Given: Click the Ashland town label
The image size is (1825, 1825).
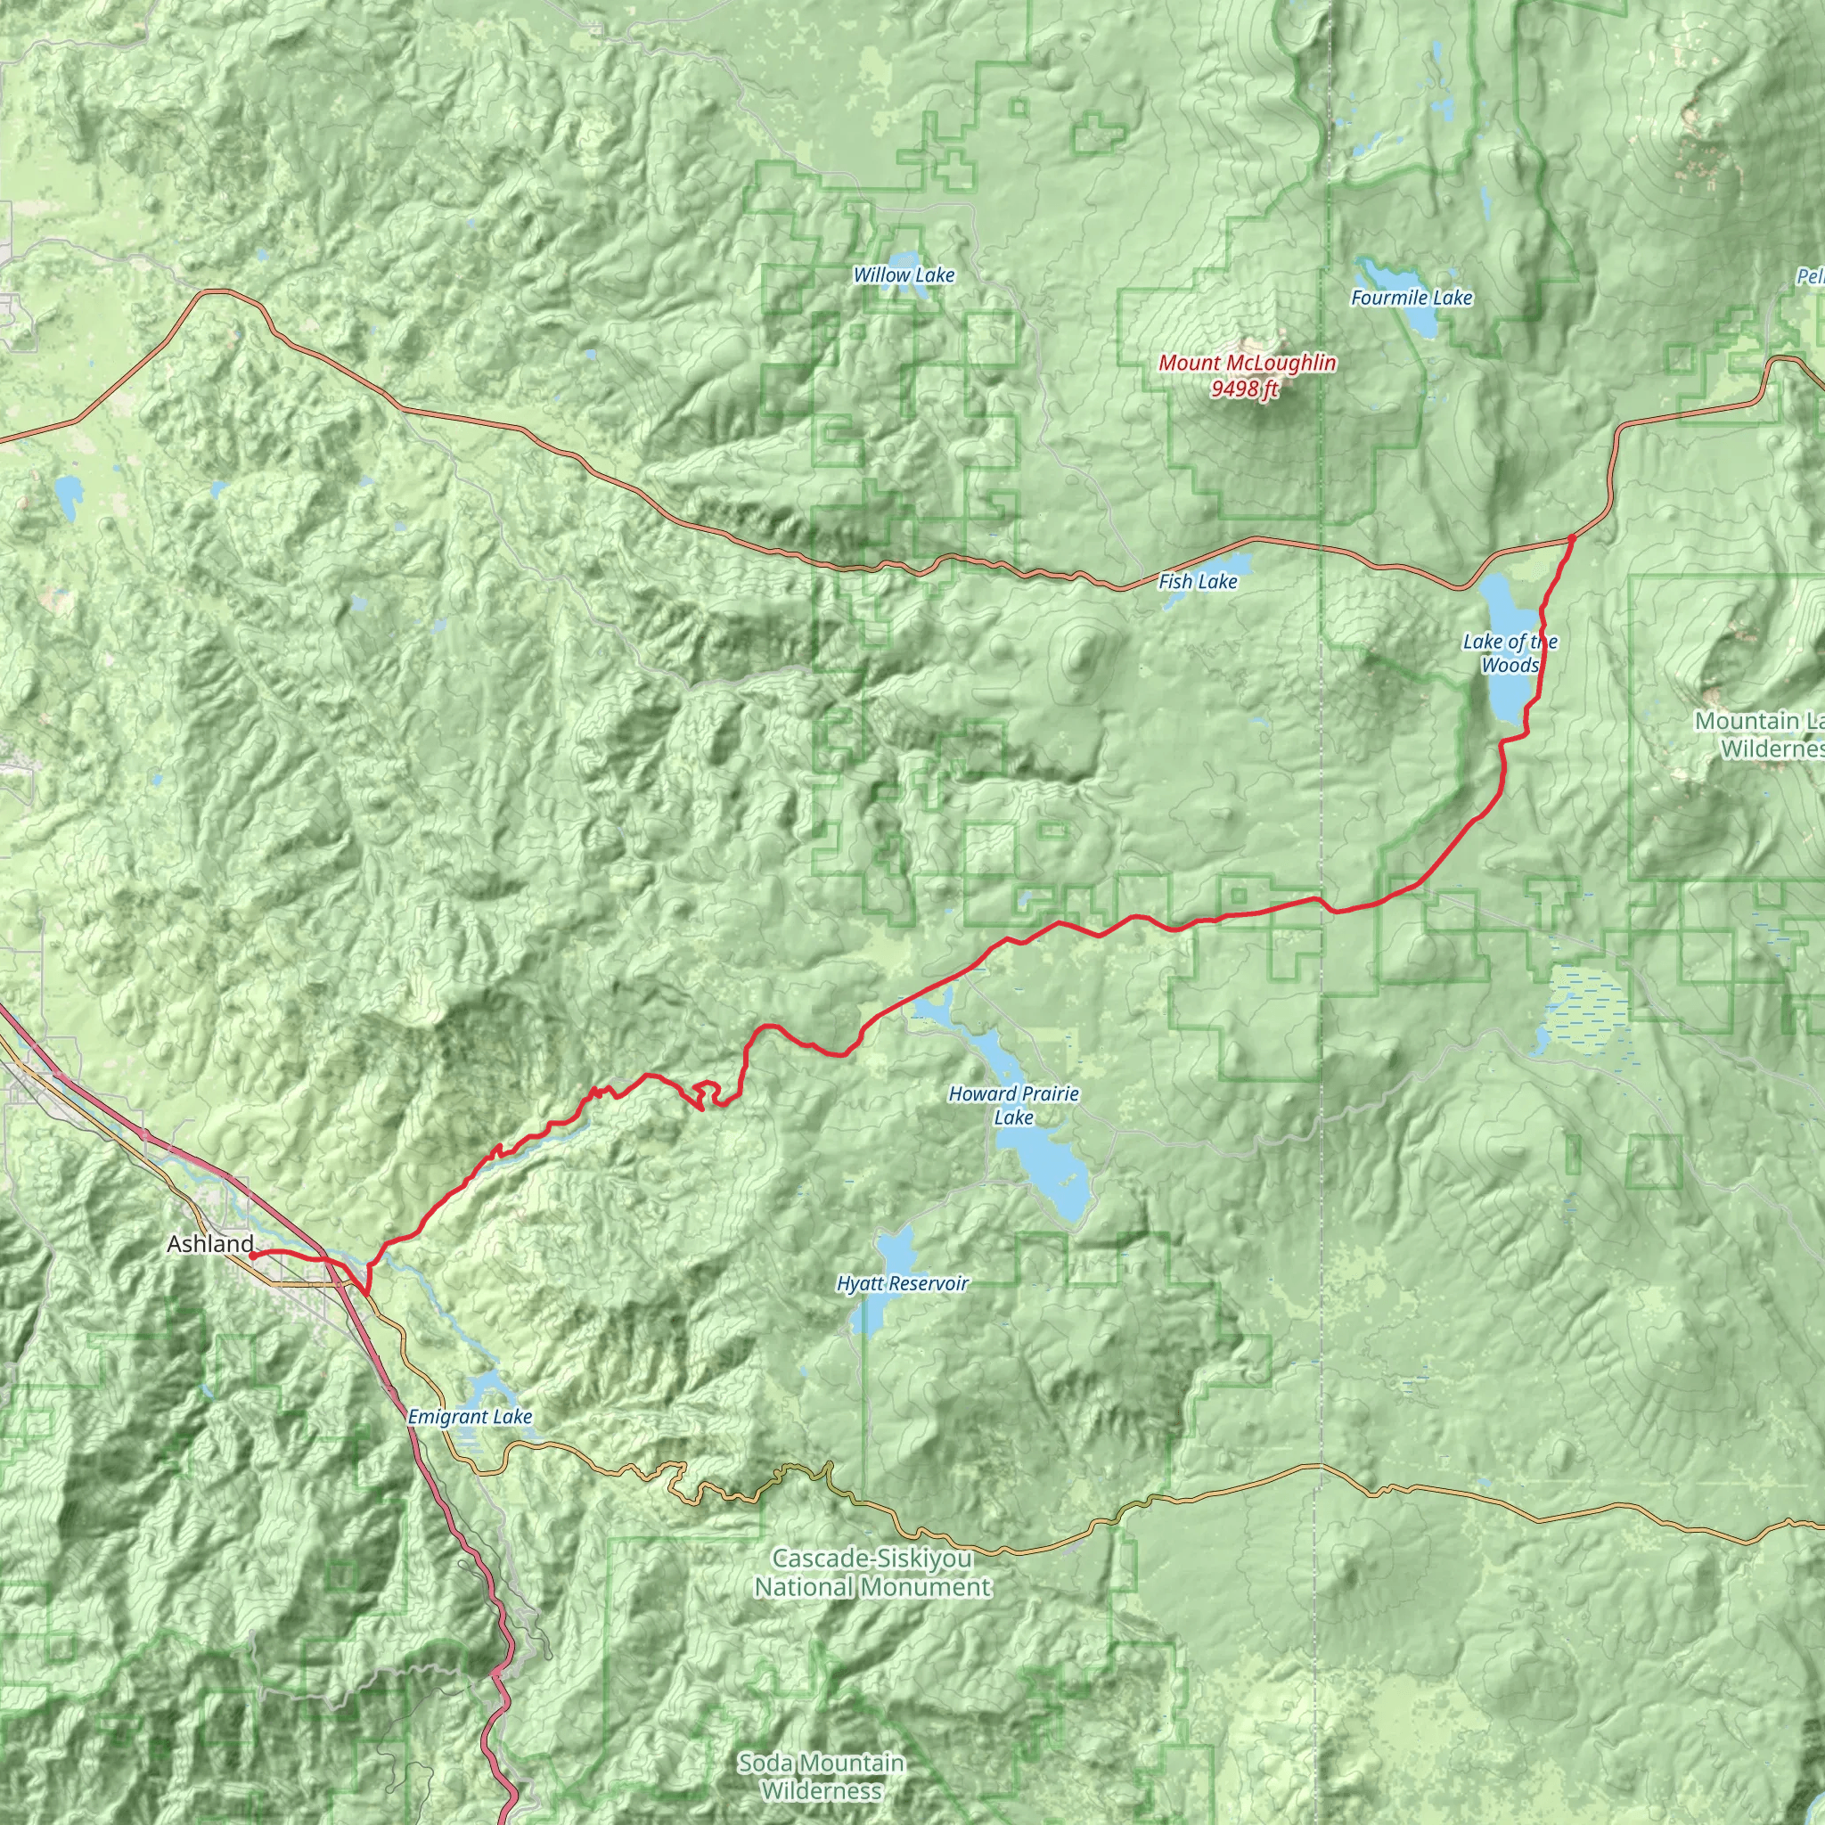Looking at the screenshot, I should tap(209, 1244).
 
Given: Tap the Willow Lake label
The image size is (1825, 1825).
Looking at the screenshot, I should tap(904, 276).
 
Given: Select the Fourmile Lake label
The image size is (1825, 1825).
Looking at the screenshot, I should tap(1412, 299).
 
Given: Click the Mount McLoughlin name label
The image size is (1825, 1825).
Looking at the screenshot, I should tap(1247, 363).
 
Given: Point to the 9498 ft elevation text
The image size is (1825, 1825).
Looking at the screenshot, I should tap(1245, 389).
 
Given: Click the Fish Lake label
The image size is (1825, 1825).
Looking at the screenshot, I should tap(1197, 582).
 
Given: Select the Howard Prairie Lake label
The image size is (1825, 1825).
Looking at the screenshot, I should tap(1013, 1105).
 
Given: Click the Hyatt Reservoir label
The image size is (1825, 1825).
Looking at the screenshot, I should tap(902, 1284).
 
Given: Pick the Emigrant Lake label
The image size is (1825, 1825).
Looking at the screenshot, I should tap(470, 1417).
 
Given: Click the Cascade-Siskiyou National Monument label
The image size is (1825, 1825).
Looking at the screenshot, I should tap(872, 1572).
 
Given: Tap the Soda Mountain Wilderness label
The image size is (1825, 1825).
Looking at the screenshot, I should tap(821, 1776).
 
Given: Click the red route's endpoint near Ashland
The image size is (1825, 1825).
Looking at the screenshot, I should tap(252, 1256).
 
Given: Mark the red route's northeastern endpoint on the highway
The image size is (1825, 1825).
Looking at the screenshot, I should tap(1571, 538).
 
